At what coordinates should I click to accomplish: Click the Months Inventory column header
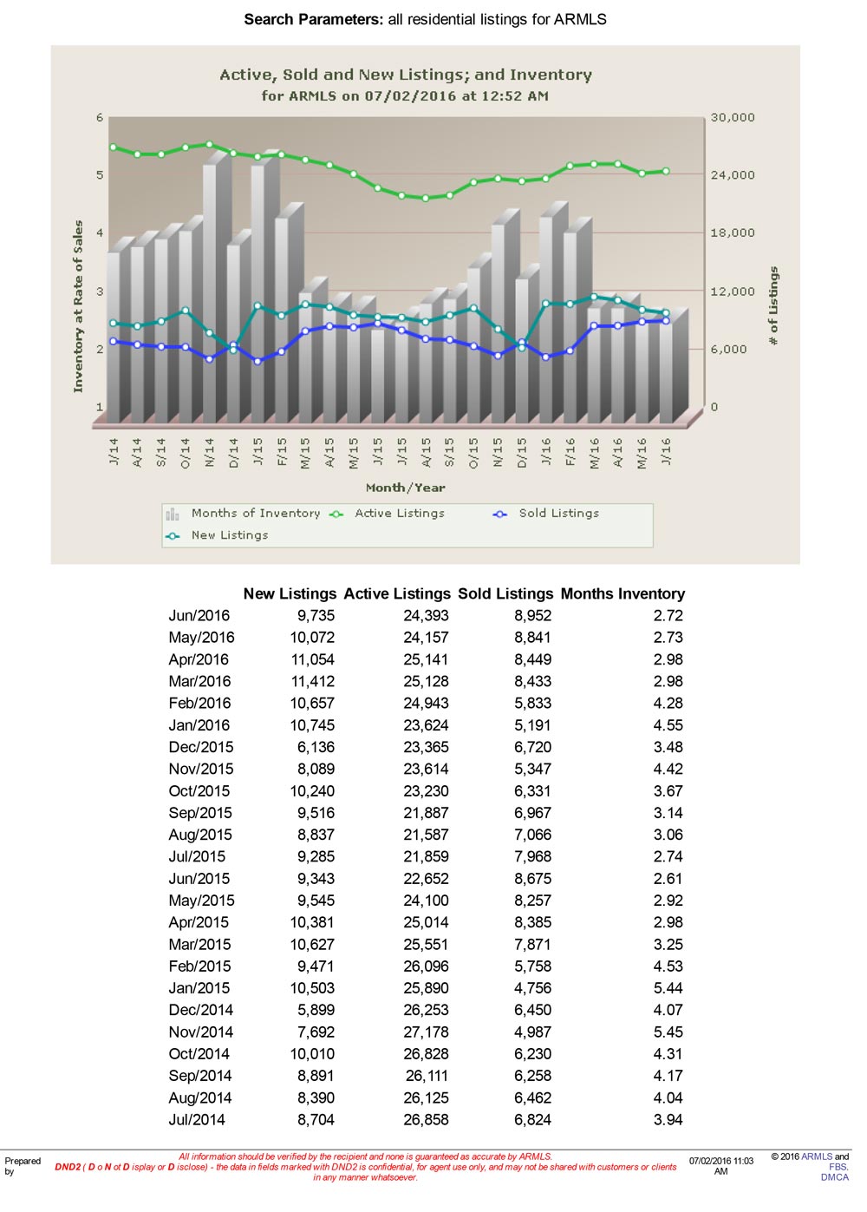(623, 593)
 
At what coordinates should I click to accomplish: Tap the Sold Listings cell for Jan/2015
(532, 988)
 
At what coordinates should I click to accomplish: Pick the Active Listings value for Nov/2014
(426, 1032)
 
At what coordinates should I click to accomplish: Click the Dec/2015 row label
(201, 747)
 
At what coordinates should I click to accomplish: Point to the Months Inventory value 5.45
(668, 1032)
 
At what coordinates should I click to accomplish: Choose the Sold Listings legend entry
(545, 513)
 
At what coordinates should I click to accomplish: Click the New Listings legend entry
(217, 535)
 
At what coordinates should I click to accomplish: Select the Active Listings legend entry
(388, 513)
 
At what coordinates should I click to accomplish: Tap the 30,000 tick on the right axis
(733, 117)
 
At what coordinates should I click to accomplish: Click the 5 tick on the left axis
(100, 174)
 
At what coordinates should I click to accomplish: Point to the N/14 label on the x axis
(209, 452)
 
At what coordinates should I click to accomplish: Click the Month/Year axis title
(406, 488)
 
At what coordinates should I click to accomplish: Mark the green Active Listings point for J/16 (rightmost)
(666, 172)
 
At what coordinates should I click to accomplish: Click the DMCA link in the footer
(835, 1177)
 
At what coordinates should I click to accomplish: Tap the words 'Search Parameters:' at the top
(314, 19)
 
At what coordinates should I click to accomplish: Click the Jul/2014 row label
(197, 1119)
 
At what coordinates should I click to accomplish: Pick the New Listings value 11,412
(312, 681)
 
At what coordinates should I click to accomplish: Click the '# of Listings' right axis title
(773, 305)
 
